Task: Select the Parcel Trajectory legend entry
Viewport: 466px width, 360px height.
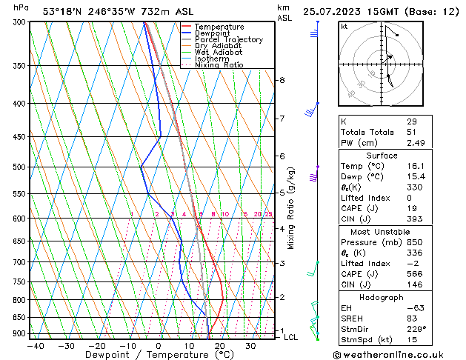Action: point(228,40)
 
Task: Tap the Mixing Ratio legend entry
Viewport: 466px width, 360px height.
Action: point(219,65)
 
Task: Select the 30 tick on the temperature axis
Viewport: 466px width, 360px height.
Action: point(250,346)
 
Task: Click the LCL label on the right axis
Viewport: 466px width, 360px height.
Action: point(291,338)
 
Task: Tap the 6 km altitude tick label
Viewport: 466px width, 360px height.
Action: point(282,156)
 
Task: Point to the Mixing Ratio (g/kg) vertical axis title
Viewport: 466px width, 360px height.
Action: point(291,208)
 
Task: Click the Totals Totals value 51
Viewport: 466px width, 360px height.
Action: point(411,132)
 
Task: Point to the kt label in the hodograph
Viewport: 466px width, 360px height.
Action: point(344,27)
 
